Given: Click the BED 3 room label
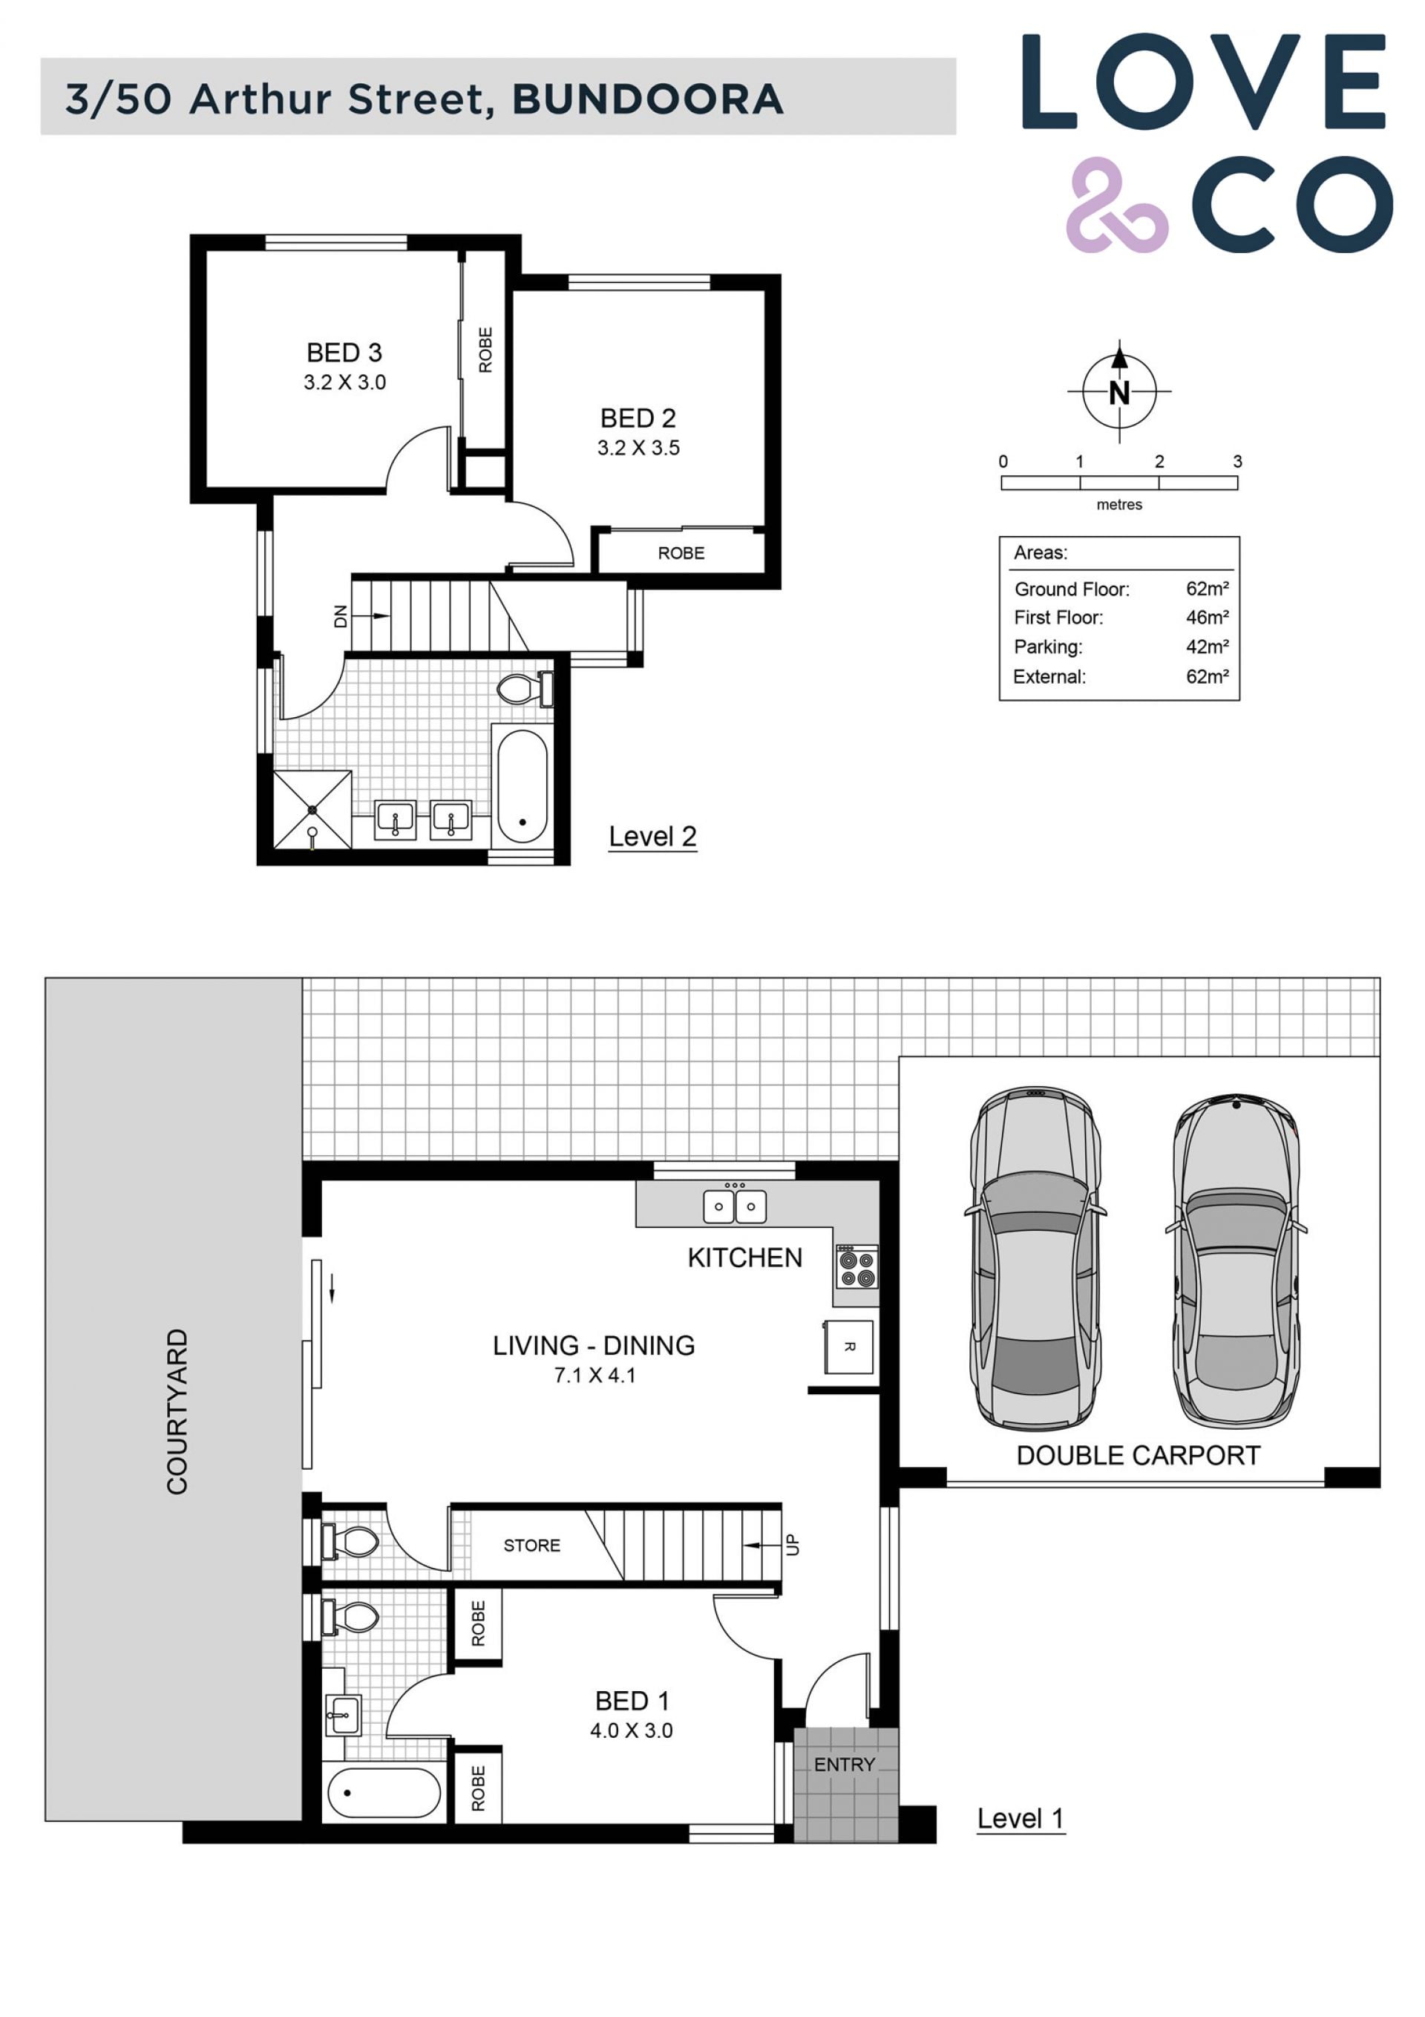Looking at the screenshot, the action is point(344,353).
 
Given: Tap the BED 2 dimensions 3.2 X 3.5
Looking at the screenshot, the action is point(639,448).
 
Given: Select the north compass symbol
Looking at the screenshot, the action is point(1118,391).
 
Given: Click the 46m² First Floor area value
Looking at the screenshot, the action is point(1207,618).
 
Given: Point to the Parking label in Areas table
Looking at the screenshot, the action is point(1048,647).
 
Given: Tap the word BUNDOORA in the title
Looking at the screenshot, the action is point(647,99).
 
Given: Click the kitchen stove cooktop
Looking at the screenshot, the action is point(856,1266).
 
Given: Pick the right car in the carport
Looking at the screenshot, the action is point(1236,1261).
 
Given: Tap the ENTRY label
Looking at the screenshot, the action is point(845,1765).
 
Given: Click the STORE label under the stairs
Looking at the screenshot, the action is point(531,1546).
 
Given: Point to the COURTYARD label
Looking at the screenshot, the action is point(177,1412).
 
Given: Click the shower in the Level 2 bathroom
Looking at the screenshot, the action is point(312,810).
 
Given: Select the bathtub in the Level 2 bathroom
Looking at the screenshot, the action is point(522,786).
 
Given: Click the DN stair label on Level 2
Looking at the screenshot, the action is point(341,617).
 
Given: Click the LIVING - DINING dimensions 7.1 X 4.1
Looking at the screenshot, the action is point(594,1376).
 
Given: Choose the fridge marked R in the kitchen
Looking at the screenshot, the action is point(848,1347).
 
